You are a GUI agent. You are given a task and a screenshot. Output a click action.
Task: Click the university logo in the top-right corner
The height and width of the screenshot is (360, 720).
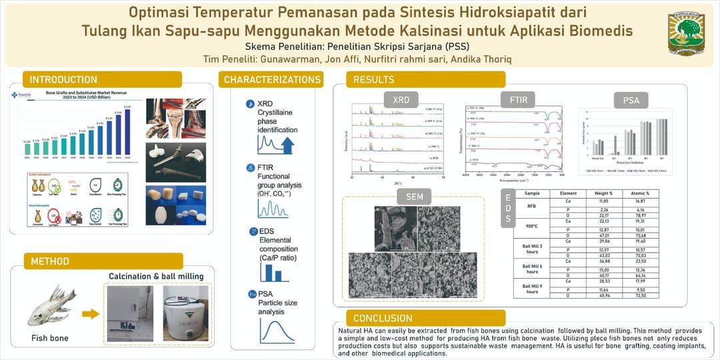pos(686,32)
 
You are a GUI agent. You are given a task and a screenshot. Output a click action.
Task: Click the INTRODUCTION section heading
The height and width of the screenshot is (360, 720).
pos(63,79)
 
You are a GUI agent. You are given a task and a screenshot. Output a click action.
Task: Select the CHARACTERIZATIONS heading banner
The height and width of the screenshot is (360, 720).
pos(272,79)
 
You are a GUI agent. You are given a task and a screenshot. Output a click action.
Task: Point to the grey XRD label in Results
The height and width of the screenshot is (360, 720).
pos(401,99)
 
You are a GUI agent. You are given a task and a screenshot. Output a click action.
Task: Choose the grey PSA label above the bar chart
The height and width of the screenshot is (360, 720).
pos(631,100)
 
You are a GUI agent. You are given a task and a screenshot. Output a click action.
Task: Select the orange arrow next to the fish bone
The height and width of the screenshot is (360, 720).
pos(91,313)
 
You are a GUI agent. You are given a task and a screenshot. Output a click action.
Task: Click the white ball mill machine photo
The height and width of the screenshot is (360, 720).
pos(186,313)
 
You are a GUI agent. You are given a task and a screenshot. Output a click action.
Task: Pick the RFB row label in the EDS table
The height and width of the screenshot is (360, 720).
pos(531,207)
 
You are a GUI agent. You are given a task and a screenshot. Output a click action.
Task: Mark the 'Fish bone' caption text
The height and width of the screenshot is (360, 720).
pos(49,338)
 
